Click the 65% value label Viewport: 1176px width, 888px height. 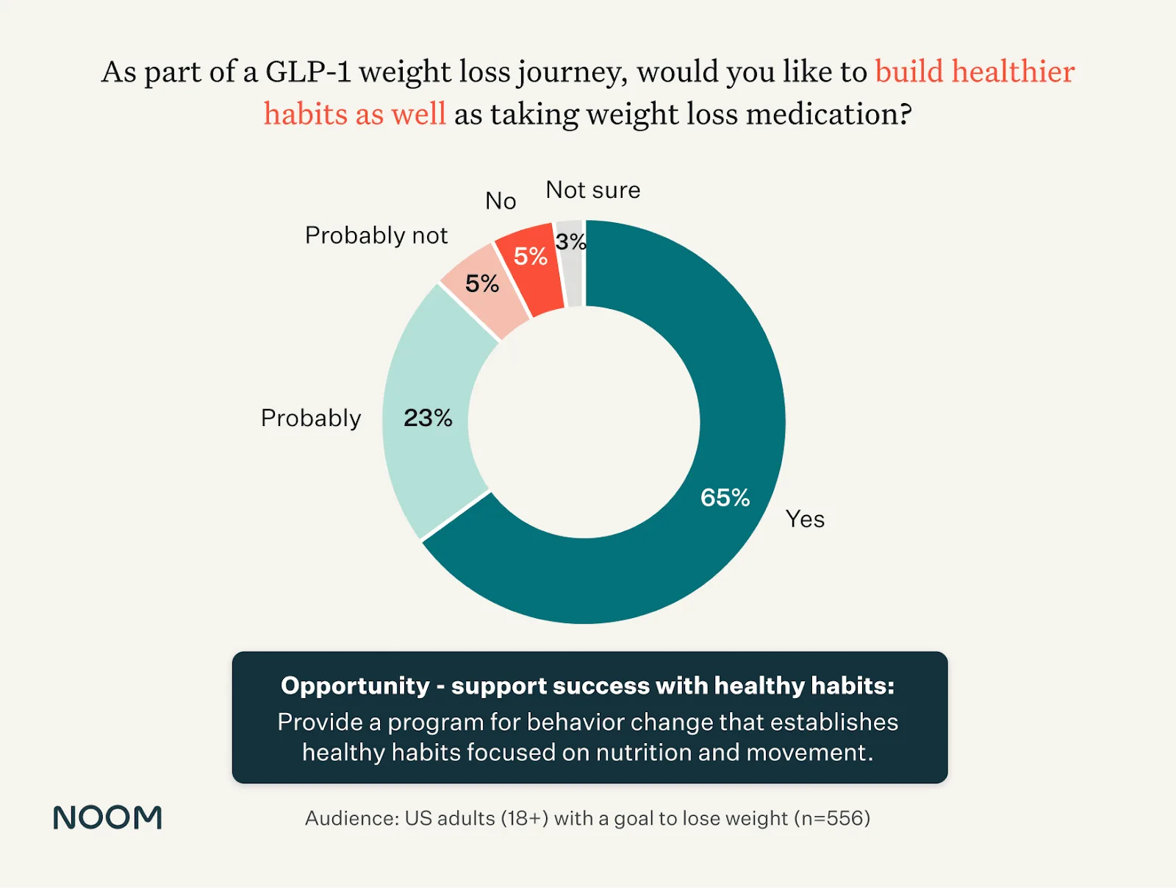tap(725, 498)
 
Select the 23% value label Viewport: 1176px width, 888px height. tap(428, 418)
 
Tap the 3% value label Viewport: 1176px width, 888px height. tap(570, 241)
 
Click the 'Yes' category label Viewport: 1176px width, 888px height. tap(805, 519)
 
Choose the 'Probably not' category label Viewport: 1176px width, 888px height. tap(376, 235)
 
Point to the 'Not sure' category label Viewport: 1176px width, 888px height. tap(592, 190)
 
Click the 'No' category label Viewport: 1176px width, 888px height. tap(501, 201)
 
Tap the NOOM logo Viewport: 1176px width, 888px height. tap(107, 817)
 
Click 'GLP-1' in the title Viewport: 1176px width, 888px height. tap(308, 72)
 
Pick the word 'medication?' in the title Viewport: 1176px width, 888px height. tap(828, 115)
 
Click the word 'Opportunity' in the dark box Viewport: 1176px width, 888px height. tap(355, 686)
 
